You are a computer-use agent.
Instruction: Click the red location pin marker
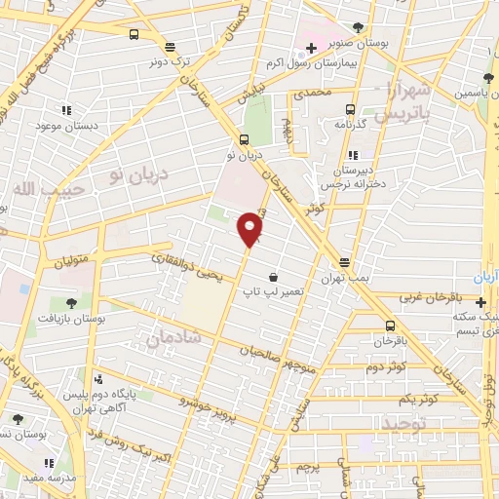coord(250,228)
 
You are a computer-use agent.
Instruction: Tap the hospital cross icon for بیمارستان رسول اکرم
coord(311,48)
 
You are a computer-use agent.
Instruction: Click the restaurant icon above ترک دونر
coord(170,45)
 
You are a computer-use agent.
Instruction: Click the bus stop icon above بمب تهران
coord(345,262)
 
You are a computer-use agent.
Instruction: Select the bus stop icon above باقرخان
coord(390,326)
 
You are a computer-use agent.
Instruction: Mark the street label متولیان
coord(71,258)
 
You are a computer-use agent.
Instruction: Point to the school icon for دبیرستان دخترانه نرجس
coord(353,154)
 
